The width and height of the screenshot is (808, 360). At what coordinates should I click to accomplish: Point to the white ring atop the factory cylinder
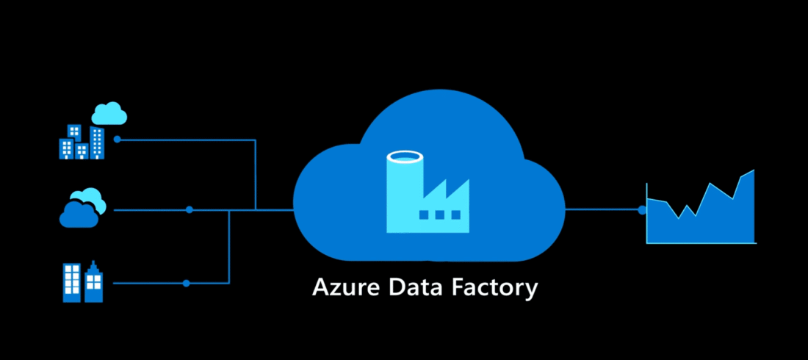click(x=405, y=156)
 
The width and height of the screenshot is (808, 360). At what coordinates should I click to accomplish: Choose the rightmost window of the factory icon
click(x=455, y=215)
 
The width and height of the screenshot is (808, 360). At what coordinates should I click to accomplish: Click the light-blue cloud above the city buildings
click(x=109, y=114)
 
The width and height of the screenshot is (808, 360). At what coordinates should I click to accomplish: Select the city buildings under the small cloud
click(x=82, y=142)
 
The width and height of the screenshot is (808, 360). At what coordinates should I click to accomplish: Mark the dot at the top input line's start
click(x=118, y=139)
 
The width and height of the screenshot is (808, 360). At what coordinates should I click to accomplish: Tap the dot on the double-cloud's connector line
click(x=189, y=210)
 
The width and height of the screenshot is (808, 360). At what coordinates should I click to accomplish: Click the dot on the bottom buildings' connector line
click(x=186, y=283)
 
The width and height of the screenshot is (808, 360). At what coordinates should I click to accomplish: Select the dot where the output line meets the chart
click(x=642, y=209)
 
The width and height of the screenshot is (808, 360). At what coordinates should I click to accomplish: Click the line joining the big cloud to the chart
click(x=602, y=209)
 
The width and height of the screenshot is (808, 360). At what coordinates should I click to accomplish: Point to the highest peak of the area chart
click(x=753, y=171)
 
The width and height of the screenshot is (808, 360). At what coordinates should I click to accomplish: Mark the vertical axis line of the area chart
click(x=647, y=213)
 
